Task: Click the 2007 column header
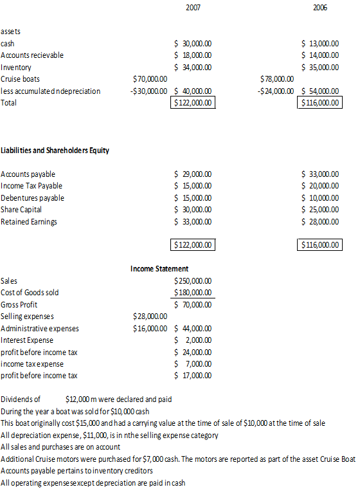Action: [192, 7]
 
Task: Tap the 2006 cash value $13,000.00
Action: [321, 43]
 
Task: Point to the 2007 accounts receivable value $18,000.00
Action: [194, 55]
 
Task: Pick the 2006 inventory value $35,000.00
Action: [321, 67]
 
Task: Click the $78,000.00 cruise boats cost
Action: [276, 78]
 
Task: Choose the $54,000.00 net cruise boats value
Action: [321, 91]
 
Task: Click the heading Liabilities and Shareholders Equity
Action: [55, 151]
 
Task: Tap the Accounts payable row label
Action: [28, 174]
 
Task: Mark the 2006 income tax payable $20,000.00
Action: [321, 186]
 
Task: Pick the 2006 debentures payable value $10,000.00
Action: [321, 198]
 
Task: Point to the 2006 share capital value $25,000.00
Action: [321, 210]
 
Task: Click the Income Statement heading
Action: [159, 269]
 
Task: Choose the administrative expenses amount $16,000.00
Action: [150, 328]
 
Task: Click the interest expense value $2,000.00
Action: [194, 340]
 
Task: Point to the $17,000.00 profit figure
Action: [194, 376]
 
